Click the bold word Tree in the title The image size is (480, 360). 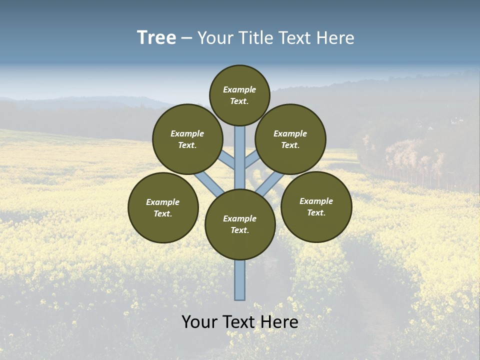[x=156, y=38]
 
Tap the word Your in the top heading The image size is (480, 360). [x=215, y=38]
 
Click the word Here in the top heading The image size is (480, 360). [x=336, y=38]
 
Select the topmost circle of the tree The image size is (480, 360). [x=239, y=95]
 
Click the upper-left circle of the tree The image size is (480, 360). [x=187, y=139]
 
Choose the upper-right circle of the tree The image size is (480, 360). [x=290, y=139]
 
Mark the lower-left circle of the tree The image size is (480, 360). [x=163, y=207]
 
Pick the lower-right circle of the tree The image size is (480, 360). [x=316, y=206]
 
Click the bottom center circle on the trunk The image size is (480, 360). [x=240, y=224]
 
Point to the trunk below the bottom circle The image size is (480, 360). [x=240, y=280]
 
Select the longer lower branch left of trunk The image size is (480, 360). [x=209, y=183]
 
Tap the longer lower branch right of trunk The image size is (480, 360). [x=270, y=183]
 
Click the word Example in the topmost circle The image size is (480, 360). [x=239, y=89]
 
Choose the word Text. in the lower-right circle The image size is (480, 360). [x=316, y=212]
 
